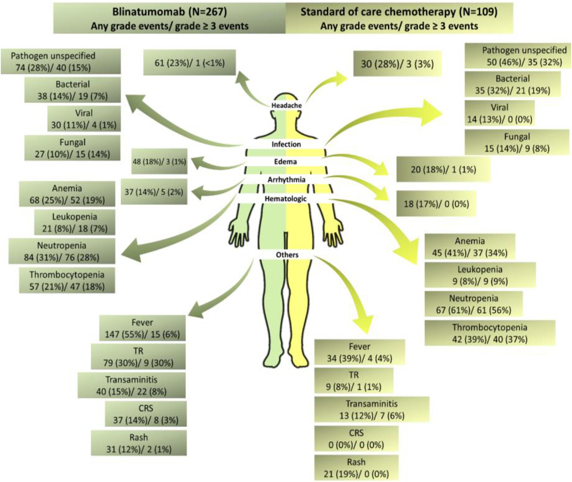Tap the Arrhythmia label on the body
[286, 180]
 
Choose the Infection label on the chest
[286, 144]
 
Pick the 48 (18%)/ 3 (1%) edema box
[159, 161]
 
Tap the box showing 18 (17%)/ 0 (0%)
[436, 204]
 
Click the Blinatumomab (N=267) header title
[170, 13]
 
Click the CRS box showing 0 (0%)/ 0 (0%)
[356, 439]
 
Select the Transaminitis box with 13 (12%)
[371, 409]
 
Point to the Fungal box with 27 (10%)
[72, 148]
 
